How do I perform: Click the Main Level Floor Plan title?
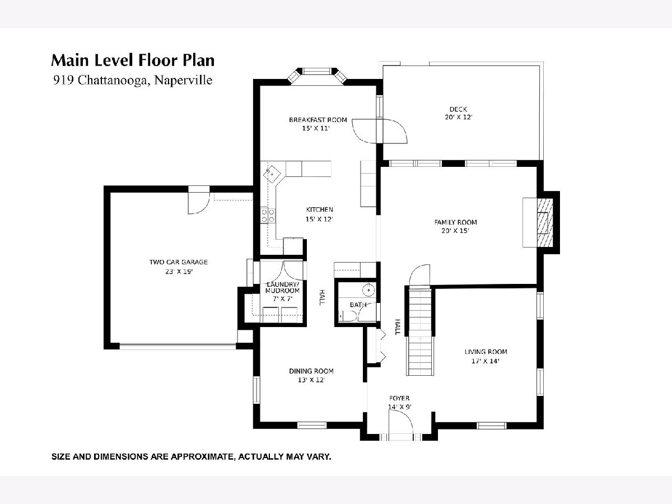[133, 60]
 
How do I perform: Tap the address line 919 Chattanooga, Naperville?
[133, 80]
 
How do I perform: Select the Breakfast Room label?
[318, 120]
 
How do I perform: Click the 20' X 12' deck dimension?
[458, 117]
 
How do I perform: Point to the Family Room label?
[455, 222]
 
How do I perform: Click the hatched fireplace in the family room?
[545, 223]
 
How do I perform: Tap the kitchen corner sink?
[272, 174]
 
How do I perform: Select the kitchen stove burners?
[268, 216]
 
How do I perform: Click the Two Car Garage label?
[179, 262]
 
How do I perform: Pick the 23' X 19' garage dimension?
[179, 272]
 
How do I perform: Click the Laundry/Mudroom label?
[282, 287]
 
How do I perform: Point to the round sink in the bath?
[368, 290]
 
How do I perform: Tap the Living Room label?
[486, 352]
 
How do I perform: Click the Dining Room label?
[311, 371]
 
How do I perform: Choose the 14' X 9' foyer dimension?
[399, 407]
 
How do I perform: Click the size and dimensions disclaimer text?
[191, 457]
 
